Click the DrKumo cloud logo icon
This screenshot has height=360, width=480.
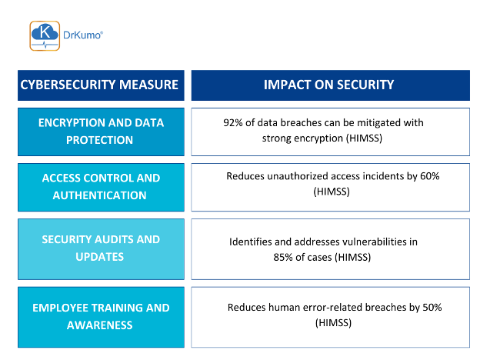tap(44, 35)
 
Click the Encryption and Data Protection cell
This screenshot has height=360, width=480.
tap(101, 132)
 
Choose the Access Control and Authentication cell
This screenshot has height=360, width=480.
tap(101, 186)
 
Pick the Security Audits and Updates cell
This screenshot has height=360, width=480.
tap(101, 248)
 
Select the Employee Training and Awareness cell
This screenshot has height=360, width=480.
tap(101, 316)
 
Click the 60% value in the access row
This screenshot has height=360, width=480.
tap(427, 176)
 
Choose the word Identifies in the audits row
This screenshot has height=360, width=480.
tap(252, 242)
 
